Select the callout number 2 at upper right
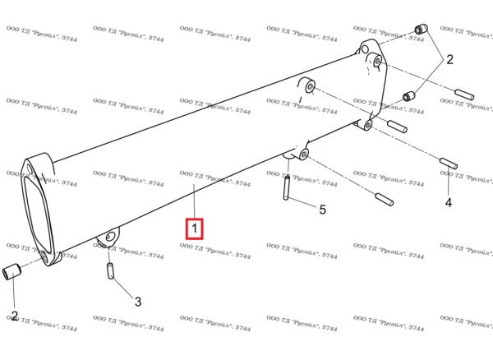pyautogui.click(x=449, y=59)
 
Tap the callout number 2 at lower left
pyautogui.click(x=14, y=315)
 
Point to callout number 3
pyautogui.click(x=138, y=302)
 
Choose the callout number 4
pyautogui.click(x=449, y=201)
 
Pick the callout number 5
pyautogui.click(x=323, y=210)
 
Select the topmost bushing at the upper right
pyautogui.click(x=420, y=31)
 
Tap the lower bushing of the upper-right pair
pyautogui.click(x=408, y=98)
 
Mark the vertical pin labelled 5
pyautogui.click(x=288, y=188)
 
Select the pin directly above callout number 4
pyautogui.click(x=447, y=163)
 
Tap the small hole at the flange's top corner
pyautogui.click(x=34, y=170)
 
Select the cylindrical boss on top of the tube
pyautogui.click(x=309, y=85)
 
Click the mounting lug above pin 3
pyautogui.click(x=107, y=238)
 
